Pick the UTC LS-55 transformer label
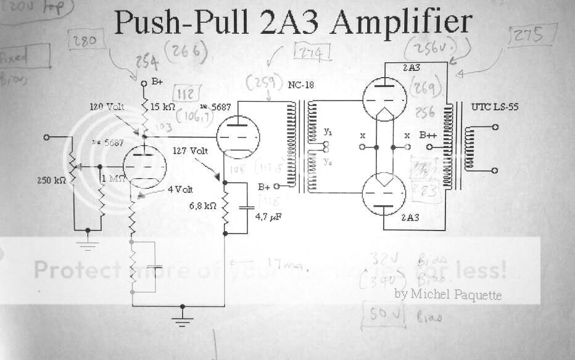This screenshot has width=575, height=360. click(x=495, y=107)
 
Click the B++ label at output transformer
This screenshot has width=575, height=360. click(x=429, y=135)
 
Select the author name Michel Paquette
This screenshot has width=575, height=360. click(x=447, y=295)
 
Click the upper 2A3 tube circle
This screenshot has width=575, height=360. click(x=384, y=102)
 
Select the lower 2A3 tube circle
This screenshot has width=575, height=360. click(x=384, y=193)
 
